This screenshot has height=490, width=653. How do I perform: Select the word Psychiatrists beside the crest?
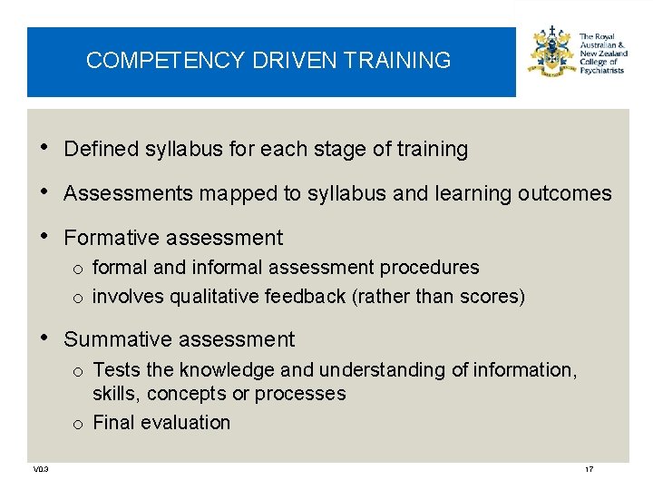coord(601,70)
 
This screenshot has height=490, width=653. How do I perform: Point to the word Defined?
coord(101,149)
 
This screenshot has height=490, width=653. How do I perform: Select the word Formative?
coord(110,238)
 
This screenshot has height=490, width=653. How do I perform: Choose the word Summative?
coord(114,339)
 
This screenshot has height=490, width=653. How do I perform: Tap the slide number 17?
coord(590,469)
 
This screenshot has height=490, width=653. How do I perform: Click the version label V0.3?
coord(41,469)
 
